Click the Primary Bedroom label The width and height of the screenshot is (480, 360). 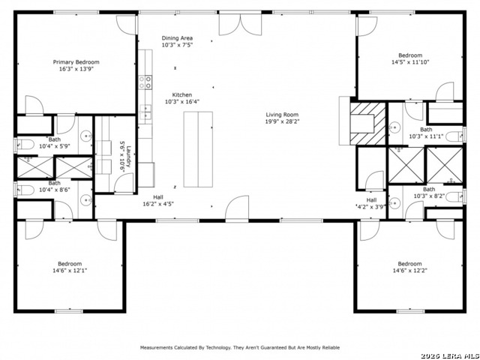(76, 62)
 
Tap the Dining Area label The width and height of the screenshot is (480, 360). (177, 38)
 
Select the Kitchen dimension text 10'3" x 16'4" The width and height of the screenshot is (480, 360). (182, 102)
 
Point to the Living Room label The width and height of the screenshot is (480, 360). (282, 115)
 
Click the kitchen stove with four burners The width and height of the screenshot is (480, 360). (145, 82)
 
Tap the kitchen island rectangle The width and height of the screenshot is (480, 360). (198, 149)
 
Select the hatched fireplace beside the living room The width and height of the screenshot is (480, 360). (367, 124)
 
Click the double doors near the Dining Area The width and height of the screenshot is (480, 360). (240, 25)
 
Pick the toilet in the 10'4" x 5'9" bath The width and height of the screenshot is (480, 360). (25, 145)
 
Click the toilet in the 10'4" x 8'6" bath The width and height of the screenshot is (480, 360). (25, 190)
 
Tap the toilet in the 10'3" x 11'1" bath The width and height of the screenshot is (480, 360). (455, 136)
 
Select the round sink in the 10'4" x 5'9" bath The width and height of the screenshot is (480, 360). (86, 135)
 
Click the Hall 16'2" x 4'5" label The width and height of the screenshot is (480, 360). (158, 200)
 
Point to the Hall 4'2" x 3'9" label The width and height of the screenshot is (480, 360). (371, 203)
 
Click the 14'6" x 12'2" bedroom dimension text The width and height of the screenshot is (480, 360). (410, 270)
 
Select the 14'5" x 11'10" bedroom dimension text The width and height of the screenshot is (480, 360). (410, 61)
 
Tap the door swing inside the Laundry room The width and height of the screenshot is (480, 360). (124, 183)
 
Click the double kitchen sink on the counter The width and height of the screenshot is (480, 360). (145, 112)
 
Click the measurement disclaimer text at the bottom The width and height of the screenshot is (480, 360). (240, 347)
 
